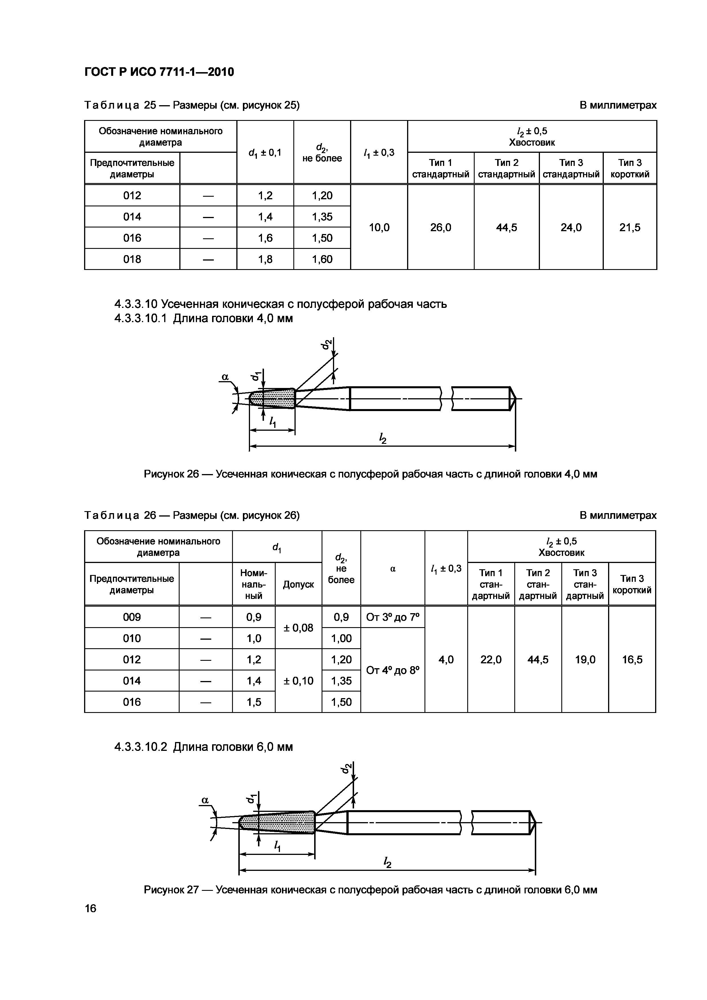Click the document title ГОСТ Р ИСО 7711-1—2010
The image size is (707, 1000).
159,72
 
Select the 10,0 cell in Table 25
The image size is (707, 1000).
379,227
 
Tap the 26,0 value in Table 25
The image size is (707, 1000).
440,227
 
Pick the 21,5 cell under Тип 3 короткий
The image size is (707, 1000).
629,227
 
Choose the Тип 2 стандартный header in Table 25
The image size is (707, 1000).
506,168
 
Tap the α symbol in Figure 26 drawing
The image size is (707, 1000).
225,377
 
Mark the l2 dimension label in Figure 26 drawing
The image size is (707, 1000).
383,438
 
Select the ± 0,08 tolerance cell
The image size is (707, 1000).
298,628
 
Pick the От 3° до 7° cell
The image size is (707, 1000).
393,617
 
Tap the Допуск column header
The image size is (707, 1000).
298,584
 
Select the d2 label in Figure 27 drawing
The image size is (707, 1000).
346,769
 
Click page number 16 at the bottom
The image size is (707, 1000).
91,908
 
